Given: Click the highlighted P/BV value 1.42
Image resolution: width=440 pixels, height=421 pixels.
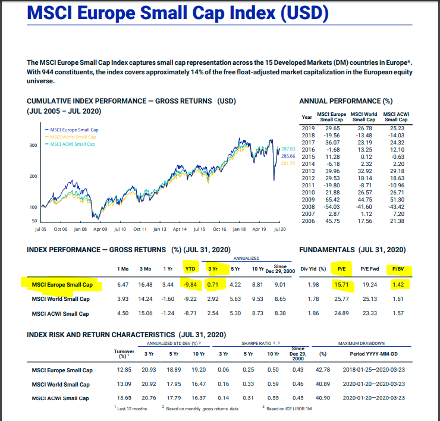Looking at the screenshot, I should coord(398,285).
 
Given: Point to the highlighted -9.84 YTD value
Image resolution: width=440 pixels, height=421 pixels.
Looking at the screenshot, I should coord(190,285).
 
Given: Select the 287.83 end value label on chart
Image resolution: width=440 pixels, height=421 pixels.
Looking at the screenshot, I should coord(288,148).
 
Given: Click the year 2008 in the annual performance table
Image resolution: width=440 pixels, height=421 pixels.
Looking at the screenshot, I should coord(307,207).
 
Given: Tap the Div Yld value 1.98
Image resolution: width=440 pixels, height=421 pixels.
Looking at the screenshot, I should coord(314,285).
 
